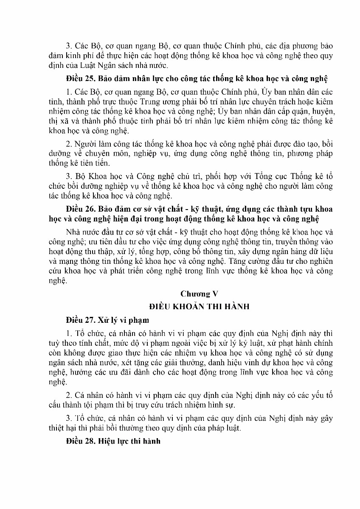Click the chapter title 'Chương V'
click(195, 294)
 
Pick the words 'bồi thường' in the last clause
click(126, 428)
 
